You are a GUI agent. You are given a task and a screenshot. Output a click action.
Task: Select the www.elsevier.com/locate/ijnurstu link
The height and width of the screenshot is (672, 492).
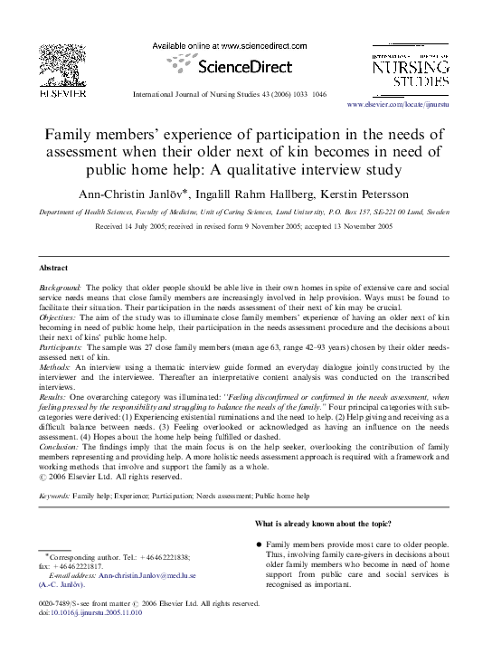click(x=417, y=106)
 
